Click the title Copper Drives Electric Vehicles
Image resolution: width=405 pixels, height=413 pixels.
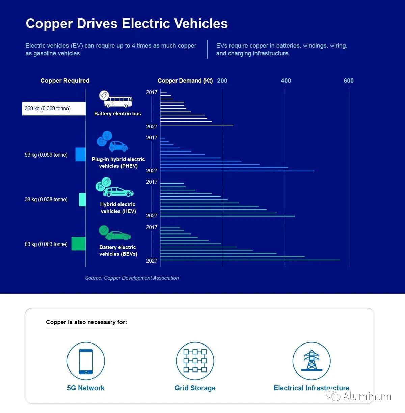(x=127, y=24)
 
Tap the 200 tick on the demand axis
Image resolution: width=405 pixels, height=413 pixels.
(x=222, y=81)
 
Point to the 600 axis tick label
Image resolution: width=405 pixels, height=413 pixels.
(x=349, y=81)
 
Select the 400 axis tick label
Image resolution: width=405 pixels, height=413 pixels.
(x=286, y=81)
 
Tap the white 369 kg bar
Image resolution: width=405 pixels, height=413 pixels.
(x=54, y=109)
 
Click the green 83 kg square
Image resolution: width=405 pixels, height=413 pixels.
(x=79, y=244)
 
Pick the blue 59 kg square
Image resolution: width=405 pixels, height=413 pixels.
(x=81, y=154)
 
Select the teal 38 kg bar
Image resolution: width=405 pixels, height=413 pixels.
(x=82, y=199)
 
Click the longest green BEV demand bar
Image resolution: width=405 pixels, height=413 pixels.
(x=250, y=260)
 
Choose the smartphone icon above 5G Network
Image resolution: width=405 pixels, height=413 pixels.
(x=86, y=361)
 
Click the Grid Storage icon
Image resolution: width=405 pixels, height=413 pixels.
(x=195, y=361)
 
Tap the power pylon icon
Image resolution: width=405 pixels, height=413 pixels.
(x=312, y=361)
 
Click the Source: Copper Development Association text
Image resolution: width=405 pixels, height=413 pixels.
(x=132, y=278)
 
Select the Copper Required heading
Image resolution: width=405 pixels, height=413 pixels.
(x=65, y=81)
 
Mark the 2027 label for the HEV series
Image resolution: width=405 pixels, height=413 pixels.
(x=152, y=216)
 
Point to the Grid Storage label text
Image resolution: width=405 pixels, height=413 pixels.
(x=195, y=388)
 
